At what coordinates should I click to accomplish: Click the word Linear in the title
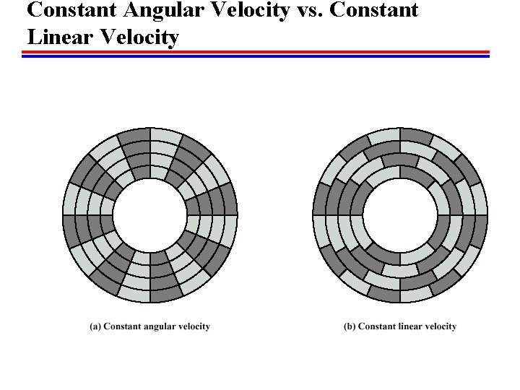(56, 36)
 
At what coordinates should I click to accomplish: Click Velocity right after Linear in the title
(136, 36)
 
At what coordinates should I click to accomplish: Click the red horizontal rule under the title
(256, 51)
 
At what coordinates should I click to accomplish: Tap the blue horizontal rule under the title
(256, 56)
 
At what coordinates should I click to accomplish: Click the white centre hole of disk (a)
(150, 214)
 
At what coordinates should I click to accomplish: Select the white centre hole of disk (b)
(399, 214)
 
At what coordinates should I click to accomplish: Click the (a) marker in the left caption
(95, 326)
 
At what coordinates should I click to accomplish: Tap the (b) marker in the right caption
(350, 326)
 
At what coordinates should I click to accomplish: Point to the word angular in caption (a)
(159, 326)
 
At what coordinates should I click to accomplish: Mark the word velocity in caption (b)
(441, 326)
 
